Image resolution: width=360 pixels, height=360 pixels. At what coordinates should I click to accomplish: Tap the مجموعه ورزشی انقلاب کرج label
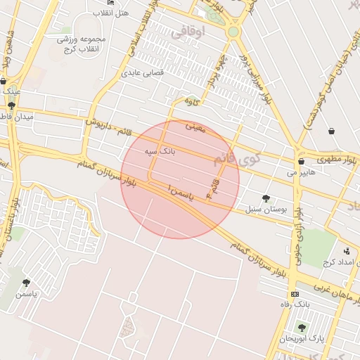pyautogui.click(x=82, y=44)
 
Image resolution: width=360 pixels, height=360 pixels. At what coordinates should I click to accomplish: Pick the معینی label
pyautogui.click(x=194, y=127)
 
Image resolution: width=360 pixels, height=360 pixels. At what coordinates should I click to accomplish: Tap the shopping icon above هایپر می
pyautogui.click(x=301, y=161)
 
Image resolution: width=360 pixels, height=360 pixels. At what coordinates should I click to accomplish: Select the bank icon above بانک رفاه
pyautogui.click(x=295, y=293)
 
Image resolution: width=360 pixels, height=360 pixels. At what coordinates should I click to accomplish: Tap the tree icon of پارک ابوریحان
pyautogui.click(x=302, y=328)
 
